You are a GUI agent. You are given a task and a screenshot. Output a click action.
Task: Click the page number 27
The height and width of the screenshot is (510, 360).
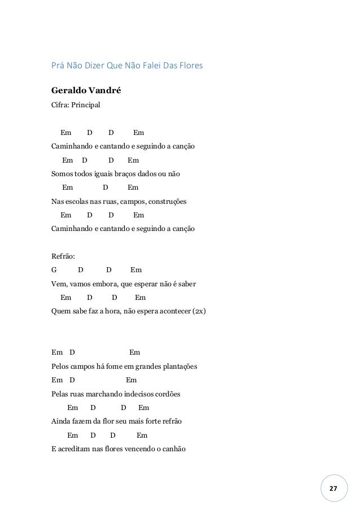332,487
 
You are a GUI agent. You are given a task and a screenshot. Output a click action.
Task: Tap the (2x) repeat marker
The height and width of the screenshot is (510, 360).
199,311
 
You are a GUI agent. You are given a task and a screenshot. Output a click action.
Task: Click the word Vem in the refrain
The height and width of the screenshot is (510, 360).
58,284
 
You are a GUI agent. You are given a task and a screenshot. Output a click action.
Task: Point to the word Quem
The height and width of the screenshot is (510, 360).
60,311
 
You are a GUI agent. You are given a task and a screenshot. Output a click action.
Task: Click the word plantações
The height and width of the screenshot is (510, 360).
177,367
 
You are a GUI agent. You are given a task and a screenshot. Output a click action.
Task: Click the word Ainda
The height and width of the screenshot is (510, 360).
61,422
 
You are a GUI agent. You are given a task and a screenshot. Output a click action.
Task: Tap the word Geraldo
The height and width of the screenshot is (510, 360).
67,90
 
